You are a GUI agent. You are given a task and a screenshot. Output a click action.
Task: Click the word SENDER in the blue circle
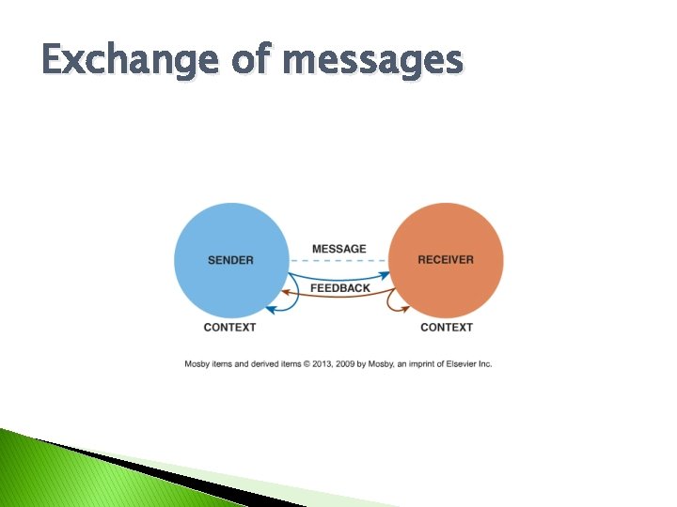click(230, 260)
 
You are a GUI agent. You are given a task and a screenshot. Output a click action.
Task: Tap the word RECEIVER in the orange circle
click(446, 260)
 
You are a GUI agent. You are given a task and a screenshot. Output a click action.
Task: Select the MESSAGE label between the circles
click(338, 249)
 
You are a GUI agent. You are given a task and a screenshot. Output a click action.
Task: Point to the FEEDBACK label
click(339, 288)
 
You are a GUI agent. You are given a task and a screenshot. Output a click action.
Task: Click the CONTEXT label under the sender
click(229, 327)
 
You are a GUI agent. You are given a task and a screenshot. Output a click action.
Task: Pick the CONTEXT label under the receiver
click(447, 327)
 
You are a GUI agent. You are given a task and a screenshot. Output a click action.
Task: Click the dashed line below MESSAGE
click(338, 260)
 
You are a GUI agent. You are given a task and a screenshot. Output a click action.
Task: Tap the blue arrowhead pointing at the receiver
click(385, 275)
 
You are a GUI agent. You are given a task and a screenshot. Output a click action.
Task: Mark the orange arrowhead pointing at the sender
click(289, 294)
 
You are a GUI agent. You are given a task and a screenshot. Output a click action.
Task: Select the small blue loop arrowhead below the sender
click(270, 307)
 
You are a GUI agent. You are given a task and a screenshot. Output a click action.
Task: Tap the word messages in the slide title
click(372, 61)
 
